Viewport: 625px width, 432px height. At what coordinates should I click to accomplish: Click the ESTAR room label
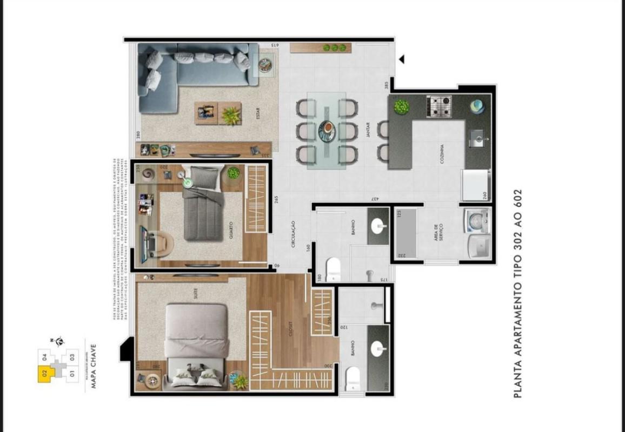[258, 115]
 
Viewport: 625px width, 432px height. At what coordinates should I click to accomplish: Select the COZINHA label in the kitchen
[442, 153]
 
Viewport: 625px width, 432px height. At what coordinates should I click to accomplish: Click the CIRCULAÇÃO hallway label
[292, 234]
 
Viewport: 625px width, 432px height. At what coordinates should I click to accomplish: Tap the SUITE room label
[195, 293]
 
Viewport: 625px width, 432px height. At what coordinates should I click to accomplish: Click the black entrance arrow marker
[401, 59]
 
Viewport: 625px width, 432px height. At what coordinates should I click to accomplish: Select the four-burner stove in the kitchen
[439, 106]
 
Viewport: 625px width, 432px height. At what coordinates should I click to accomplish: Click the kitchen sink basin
[477, 138]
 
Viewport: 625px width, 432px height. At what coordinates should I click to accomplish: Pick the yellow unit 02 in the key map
[44, 373]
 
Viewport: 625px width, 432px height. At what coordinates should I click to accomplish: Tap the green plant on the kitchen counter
[401, 106]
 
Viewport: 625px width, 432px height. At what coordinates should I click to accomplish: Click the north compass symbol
[59, 341]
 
